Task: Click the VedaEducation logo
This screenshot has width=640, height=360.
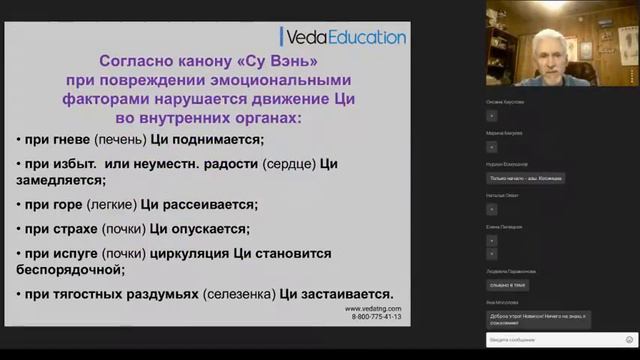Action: click(x=345, y=37)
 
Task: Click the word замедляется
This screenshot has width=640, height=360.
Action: click(x=63, y=181)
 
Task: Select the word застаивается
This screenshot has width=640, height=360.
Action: click(x=349, y=294)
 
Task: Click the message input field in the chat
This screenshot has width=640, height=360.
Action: click(x=556, y=340)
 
